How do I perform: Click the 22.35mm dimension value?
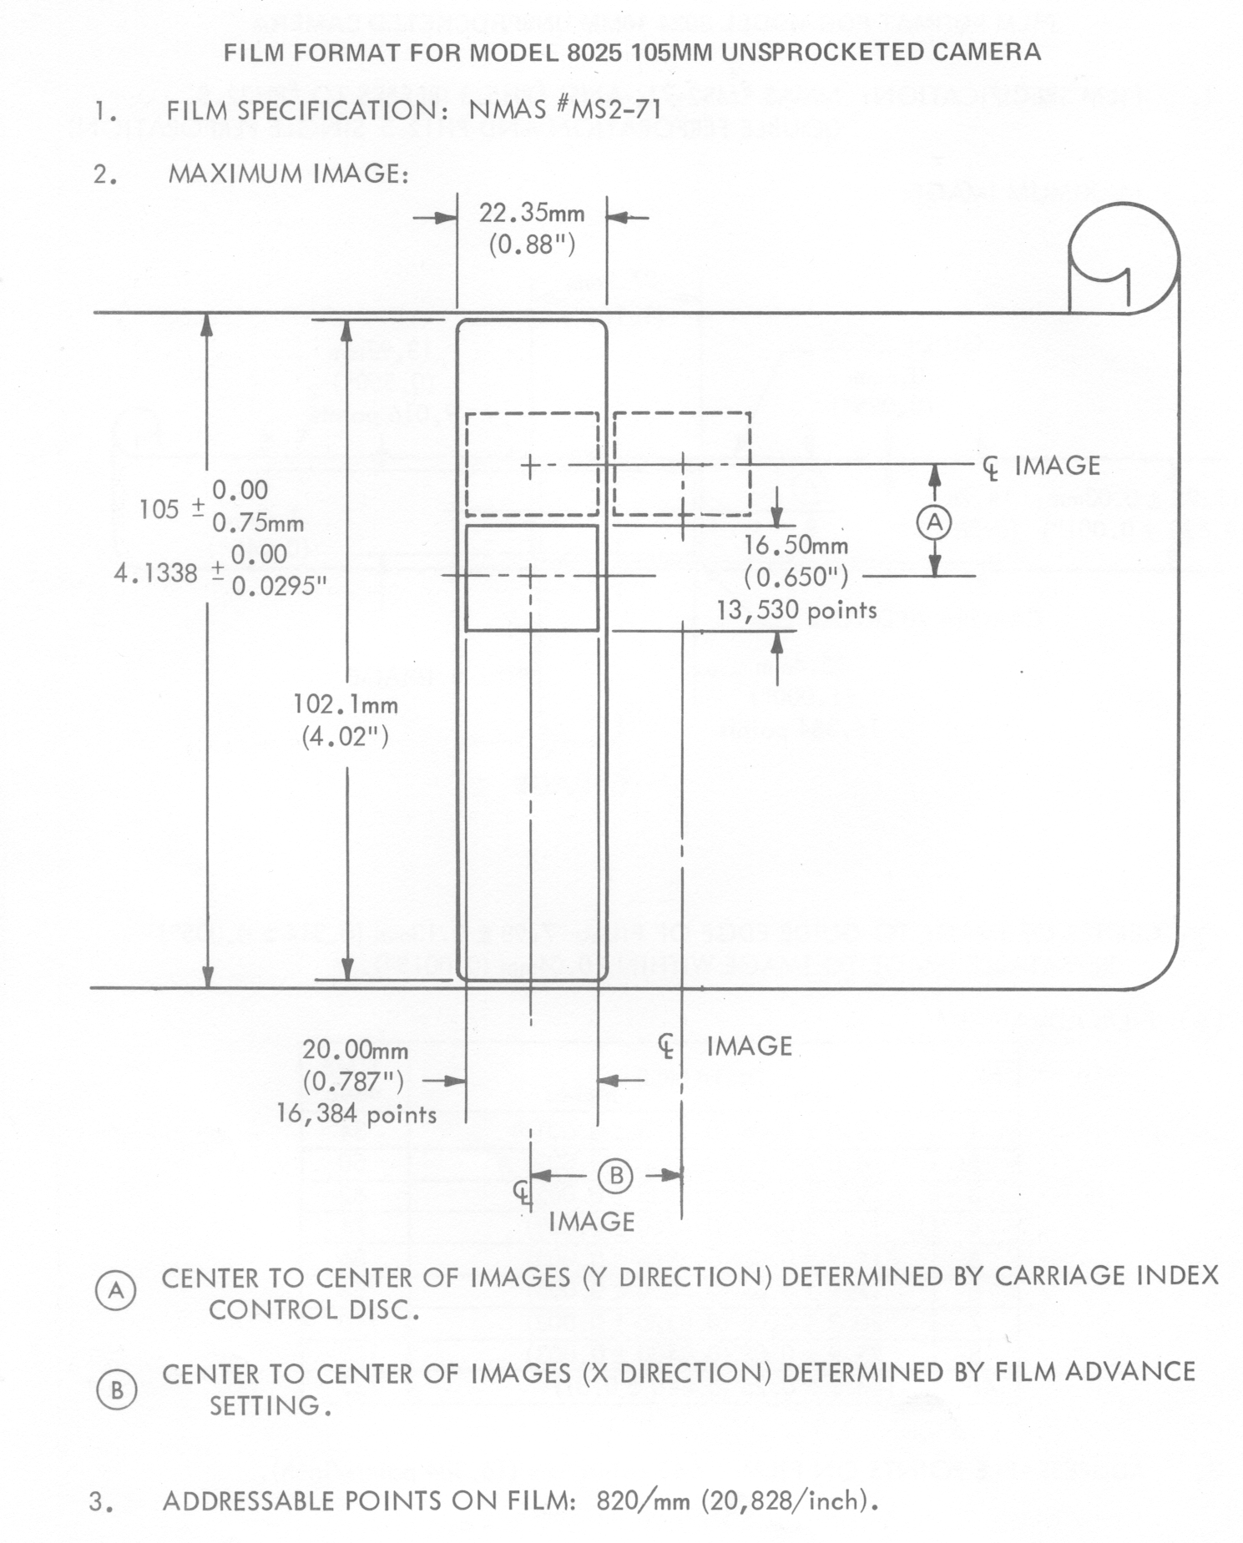[532, 214]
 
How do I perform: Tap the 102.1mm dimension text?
[346, 705]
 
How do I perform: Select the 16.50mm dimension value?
[796, 546]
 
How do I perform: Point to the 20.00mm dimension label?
[355, 1050]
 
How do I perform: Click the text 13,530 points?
[796, 611]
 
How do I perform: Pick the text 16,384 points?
[356, 1114]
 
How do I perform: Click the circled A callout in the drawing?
[934, 522]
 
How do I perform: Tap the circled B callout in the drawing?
[616, 1176]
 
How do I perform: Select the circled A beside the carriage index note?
[116, 1291]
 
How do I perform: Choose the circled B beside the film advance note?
[116, 1390]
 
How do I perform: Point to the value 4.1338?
[156, 574]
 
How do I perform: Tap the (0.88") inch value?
[532, 246]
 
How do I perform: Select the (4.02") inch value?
[346, 738]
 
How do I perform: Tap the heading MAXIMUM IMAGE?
[287, 174]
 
